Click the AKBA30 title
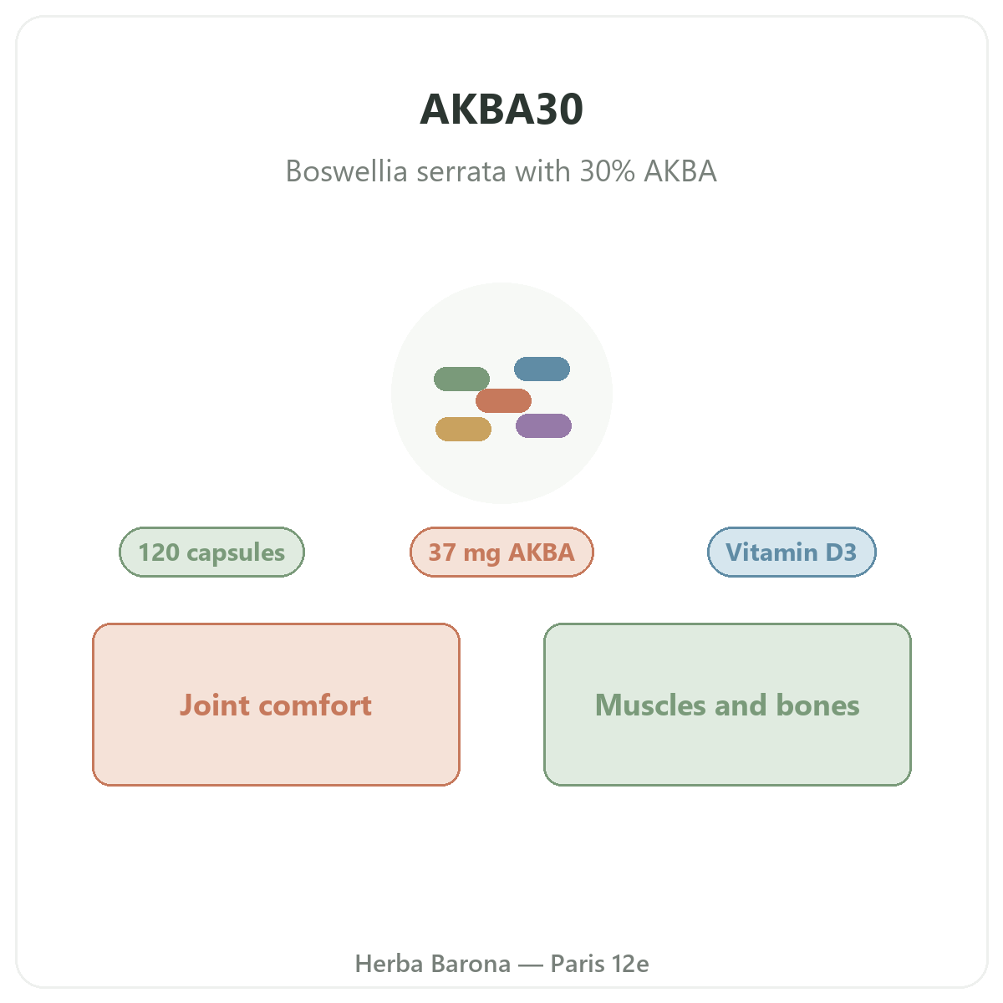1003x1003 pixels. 501,109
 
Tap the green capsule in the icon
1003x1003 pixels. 461,379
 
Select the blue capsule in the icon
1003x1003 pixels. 542,369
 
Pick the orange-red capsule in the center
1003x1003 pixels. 503,400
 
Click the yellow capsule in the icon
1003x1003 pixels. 463,429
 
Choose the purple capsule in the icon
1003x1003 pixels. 543,425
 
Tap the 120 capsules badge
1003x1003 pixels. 211,552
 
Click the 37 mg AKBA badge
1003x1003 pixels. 501,552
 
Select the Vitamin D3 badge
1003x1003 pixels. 792,552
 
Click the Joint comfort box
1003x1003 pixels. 276,705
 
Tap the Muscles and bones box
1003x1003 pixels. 727,705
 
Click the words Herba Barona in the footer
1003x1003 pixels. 432,964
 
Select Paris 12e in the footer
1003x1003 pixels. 599,964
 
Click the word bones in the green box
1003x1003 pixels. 817,705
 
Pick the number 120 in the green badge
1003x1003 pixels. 159,552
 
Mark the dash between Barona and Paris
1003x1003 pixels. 531,965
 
